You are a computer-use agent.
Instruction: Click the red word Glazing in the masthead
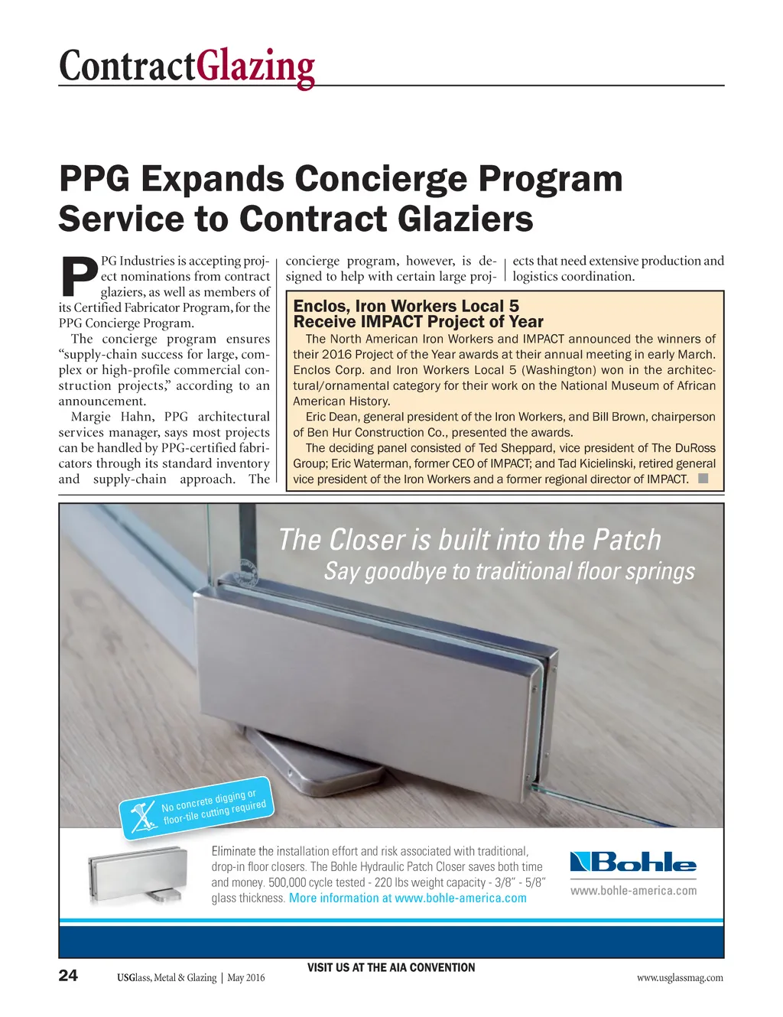point(255,67)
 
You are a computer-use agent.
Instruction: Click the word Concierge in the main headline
point(382,180)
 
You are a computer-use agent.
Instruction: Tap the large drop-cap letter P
point(78,277)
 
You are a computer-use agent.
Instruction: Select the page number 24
point(68,975)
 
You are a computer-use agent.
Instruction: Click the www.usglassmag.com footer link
point(679,977)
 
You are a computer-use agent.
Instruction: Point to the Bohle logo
point(633,863)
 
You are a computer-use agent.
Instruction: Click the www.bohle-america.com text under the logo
point(633,890)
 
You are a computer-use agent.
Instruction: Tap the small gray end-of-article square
point(703,479)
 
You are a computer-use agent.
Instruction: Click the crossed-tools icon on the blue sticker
point(142,817)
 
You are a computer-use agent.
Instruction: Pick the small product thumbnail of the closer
point(136,875)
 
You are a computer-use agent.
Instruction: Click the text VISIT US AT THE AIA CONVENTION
point(391,967)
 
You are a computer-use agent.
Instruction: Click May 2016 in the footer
point(246,978)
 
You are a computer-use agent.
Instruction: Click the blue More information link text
point(340,898)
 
